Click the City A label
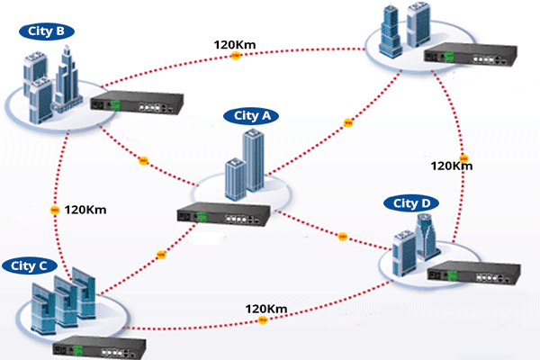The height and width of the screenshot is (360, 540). [252, 115]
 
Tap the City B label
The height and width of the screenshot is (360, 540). [47, 31]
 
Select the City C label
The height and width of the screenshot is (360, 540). [31, 265]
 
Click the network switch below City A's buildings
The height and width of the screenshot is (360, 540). [225, 217]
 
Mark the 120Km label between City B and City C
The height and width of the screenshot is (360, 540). [86, 210]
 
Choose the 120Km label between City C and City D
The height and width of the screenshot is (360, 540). [266, 309]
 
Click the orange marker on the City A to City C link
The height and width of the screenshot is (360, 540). [162, 255]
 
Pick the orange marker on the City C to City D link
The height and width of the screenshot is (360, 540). [262, 320]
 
